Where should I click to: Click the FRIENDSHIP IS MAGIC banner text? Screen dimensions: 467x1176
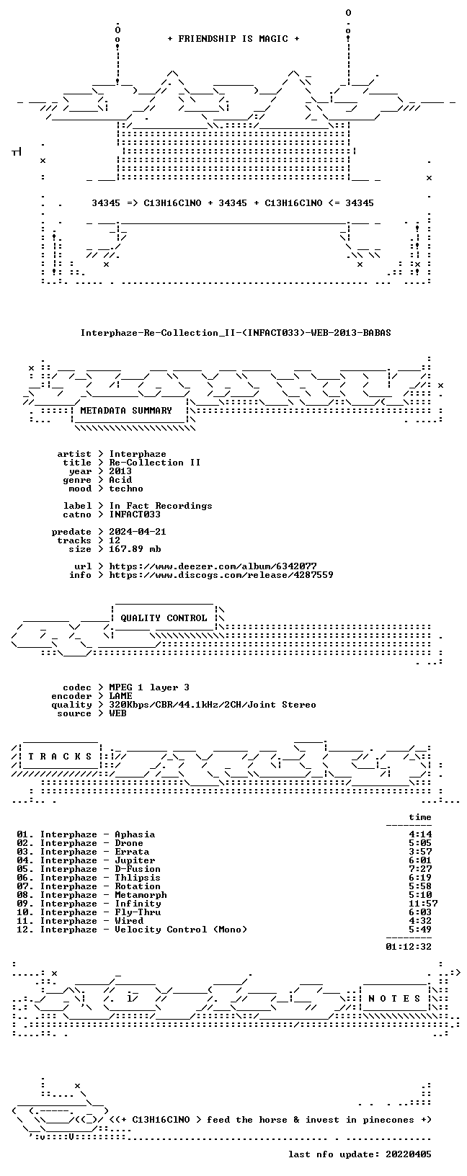[x=233, y=39]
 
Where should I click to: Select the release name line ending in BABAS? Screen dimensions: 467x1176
[x=236, y=333]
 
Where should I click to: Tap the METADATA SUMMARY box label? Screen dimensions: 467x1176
[x=126, y=411]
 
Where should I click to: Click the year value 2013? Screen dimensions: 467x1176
[x=120, y=471]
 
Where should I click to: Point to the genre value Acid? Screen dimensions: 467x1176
[x=120, y=480]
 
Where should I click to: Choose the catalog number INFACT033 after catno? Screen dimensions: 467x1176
[x=135, y=514]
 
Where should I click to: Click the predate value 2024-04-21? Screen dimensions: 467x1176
[x=138, y=532]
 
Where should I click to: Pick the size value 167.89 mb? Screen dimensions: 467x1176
[x=135, y=549]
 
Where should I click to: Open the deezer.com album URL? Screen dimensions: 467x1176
[x=213, y=566]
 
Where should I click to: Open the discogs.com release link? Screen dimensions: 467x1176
[x=221, y=575]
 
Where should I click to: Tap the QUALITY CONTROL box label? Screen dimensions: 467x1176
[x=164, y=618]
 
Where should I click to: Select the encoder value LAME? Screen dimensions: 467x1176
[x=120, y=696]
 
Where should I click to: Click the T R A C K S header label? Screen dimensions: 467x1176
[x=61, y=757]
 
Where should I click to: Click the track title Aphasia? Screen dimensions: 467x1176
[x=135, y=834]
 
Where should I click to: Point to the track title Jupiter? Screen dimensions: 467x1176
[x=135, y=860]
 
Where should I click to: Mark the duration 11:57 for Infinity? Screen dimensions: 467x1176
[x=423, y=904]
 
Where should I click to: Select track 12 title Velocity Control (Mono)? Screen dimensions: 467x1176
[x=181, y=930]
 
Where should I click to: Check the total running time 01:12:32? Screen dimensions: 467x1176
[x=409, y=947]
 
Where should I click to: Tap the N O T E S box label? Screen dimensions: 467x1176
[x=394, y=999]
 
